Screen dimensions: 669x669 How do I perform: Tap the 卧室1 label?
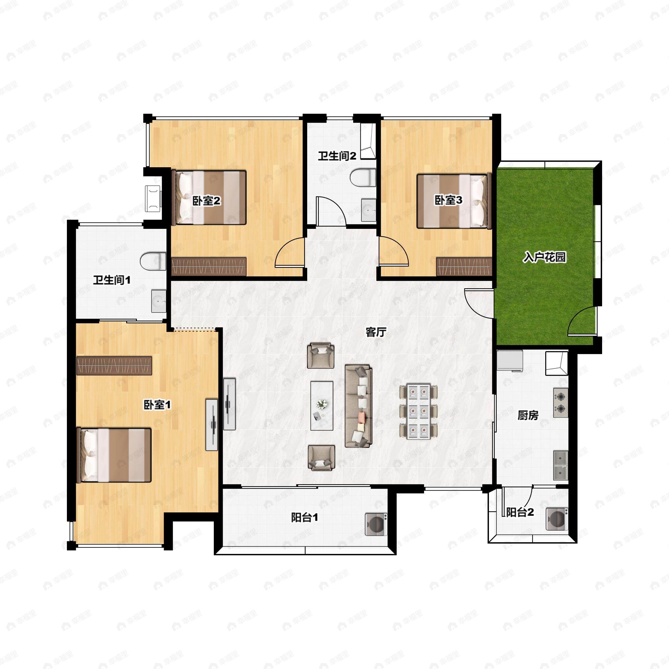157,404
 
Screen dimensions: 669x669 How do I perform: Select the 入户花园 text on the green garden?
545,257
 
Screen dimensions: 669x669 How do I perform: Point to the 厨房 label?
528,415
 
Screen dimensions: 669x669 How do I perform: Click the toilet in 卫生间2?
363,178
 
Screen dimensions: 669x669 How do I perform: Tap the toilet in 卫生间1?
153,261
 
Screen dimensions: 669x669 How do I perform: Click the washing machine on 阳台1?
376,524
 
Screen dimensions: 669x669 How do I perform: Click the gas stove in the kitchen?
561,403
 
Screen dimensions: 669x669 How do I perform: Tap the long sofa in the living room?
358,406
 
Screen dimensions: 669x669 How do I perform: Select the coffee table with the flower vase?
322,406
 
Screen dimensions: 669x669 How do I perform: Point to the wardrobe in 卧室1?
114,366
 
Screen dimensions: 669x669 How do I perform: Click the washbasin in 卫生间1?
159,301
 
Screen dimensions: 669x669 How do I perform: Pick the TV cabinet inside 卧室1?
212,425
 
